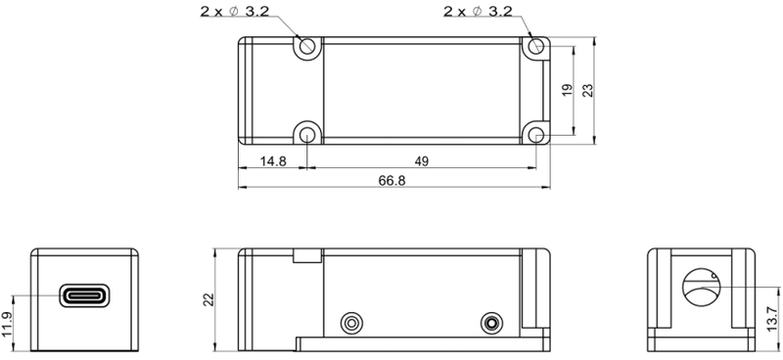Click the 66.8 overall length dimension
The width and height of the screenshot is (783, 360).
tap(392, 181)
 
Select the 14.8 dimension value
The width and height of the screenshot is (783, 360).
tap(273, 161)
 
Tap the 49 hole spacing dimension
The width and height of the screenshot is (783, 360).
tap(422, 161)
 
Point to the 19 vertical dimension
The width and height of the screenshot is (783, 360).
tap(567, 90)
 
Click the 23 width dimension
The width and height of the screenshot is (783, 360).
tap(588, 90)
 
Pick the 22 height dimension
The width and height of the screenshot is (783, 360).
tap(208, 299)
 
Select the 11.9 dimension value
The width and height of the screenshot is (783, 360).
tap(6, 325)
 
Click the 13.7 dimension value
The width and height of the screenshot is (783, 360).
tap(772, 318)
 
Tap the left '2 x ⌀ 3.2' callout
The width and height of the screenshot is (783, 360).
tap(235, 11)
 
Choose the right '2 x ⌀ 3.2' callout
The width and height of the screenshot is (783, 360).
tap(478, 11)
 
